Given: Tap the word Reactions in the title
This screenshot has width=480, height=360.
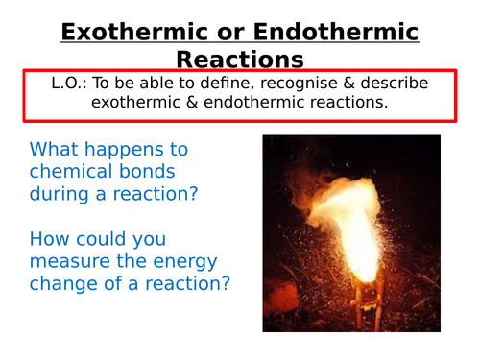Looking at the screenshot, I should pos(239,60).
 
